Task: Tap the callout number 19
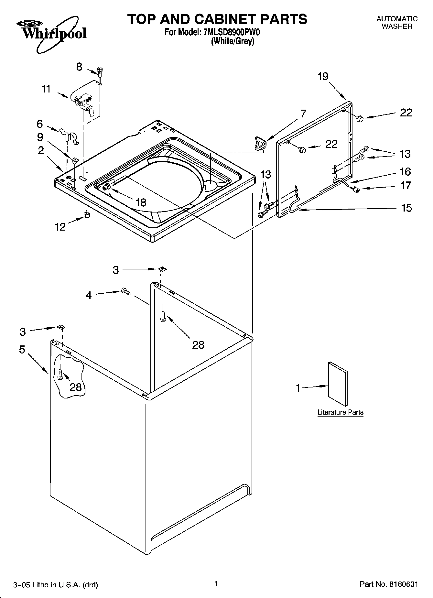coord(323,77)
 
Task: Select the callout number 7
coord(303,114)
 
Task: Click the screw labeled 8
coord(100,71)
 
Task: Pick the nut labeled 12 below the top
coord(86,215)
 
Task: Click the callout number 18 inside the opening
coord(141,202)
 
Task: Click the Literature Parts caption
coord(340,412)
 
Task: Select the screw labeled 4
coord(126,291)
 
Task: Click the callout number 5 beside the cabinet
coord(22,350)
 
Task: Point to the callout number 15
coord(406,208)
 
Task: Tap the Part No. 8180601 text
coord(389,584)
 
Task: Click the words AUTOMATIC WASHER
coord(397,23)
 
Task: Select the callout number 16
coord(405,171)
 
